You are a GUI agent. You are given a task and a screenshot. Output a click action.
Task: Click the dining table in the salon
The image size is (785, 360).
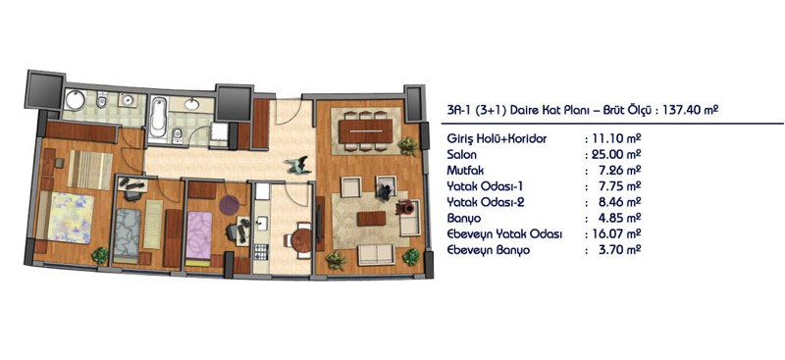pos(365,131)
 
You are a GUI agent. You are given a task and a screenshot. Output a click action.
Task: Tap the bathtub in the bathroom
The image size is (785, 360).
pos(159,116)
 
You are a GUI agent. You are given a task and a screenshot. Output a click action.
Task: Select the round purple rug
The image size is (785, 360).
pos(229,205)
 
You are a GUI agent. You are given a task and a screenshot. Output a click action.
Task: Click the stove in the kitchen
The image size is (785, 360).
pos(261,251)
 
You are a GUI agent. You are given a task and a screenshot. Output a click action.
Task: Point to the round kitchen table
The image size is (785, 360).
pos(302,240)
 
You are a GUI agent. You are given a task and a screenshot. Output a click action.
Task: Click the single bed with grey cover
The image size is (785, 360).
pos(126,232)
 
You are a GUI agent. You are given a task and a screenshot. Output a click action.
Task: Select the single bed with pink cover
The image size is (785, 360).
pos(199,235)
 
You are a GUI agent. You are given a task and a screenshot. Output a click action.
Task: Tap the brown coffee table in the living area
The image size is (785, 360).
pos(372,219)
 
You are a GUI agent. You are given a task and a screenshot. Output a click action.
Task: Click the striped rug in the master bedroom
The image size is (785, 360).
pos(90,170)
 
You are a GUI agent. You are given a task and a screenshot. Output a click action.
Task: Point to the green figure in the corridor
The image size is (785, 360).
pos(298,165)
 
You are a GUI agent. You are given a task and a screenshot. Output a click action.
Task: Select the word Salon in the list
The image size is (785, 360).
pos(461,155)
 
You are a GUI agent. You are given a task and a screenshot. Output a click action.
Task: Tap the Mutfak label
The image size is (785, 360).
pos(465,172)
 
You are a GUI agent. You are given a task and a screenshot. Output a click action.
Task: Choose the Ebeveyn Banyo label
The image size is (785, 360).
pos(488,251)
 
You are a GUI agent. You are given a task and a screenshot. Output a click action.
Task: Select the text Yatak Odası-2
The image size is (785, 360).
pos(481,203)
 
